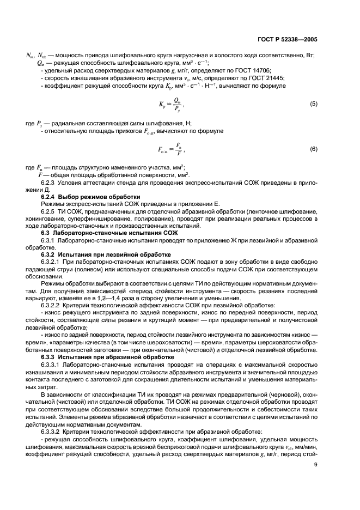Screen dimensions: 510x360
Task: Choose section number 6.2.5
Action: point(51,211)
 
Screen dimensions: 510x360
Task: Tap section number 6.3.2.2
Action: point(53,305)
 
